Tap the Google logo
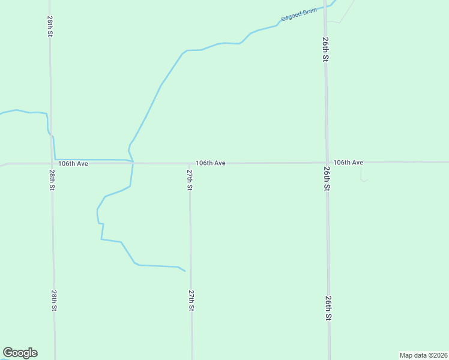[20, 353]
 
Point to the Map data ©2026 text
[423, 355]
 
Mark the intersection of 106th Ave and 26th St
[327, 162]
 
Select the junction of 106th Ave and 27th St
[190, 163]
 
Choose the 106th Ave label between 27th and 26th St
[210, 163]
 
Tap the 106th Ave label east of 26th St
[348, 162]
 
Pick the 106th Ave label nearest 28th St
[73, 163]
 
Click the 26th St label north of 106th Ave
[324, 49]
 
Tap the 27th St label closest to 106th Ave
[189, 179]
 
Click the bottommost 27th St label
[191, 300]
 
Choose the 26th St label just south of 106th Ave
[327, 179]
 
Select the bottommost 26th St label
[328, 307]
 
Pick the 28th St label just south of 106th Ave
[52, 180]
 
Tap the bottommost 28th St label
[54, 300]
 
